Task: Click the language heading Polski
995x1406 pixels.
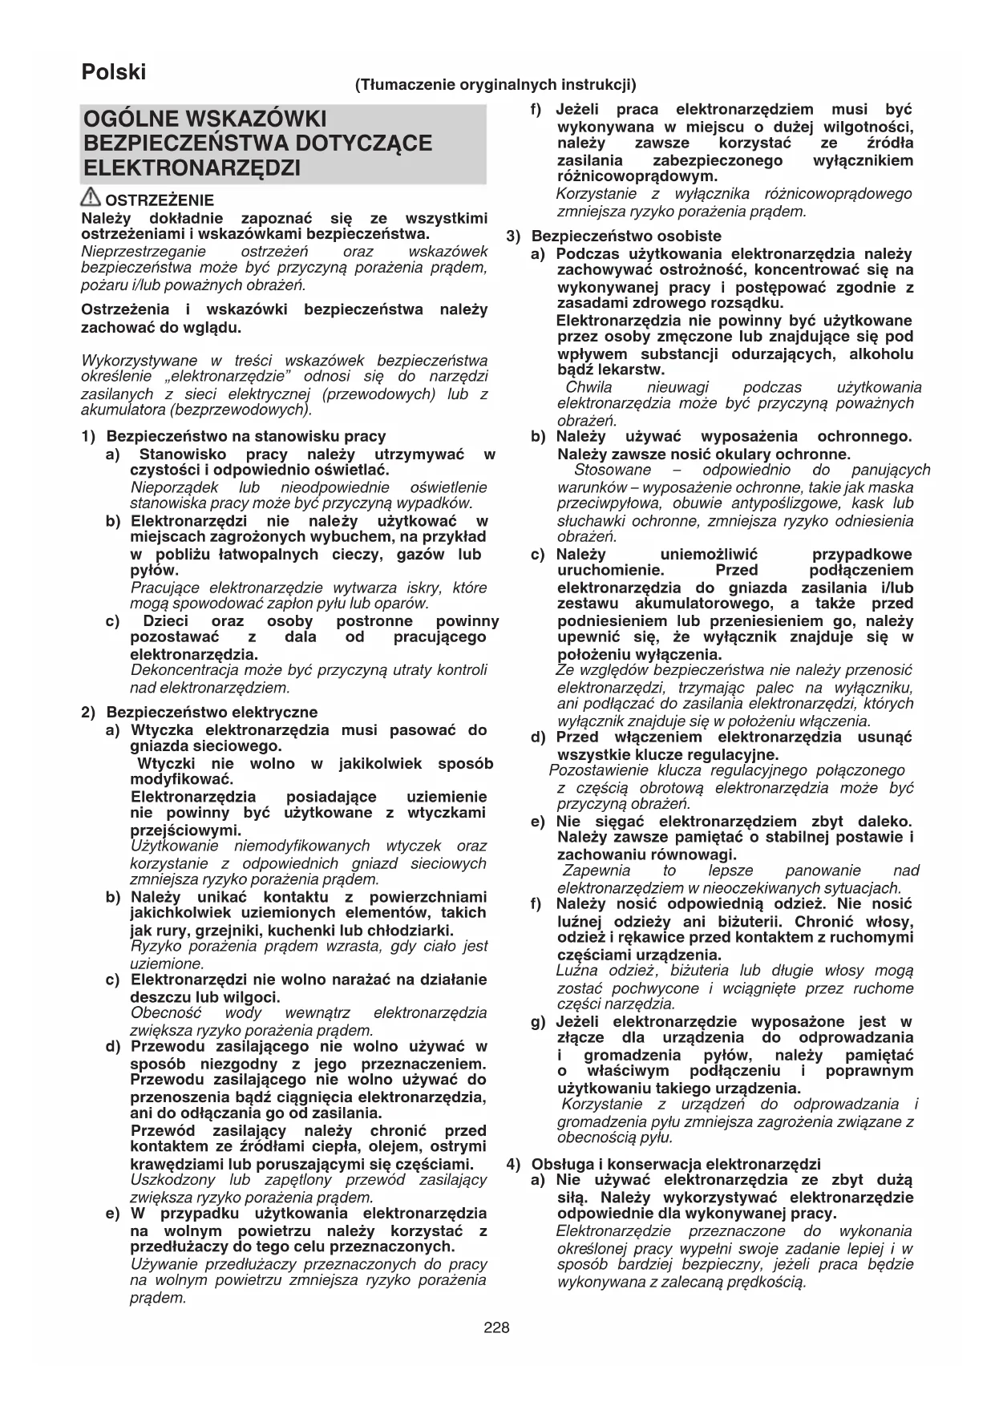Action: [114, 72]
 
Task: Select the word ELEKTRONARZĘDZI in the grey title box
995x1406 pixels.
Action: [192, 169]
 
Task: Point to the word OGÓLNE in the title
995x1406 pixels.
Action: [130, 119]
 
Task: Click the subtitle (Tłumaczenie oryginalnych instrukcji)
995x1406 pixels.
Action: [495, 84]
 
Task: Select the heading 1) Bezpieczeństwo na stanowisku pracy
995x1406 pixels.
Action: [234, 437]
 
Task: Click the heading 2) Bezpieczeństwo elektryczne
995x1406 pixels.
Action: [200, 712]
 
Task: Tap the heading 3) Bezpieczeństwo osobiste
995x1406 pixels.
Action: [614, 236]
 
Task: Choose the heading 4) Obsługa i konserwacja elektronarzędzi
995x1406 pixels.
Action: [664, 1164]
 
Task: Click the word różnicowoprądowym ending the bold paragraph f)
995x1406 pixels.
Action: [637, 176]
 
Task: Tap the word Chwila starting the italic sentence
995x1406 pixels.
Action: [589, 387]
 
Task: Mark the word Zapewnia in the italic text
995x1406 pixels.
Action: [597, 871]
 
